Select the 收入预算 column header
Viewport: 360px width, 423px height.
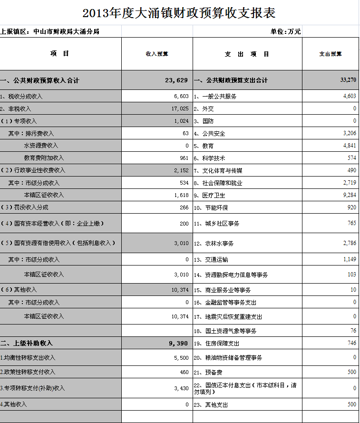[157, 54]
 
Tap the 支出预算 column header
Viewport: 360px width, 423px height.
[330, 54]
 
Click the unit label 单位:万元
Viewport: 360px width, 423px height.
[286, 32]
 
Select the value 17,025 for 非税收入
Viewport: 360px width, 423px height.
[180, 108]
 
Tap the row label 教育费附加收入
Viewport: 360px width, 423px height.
[44, 157]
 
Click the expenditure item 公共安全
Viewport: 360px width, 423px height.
[214, 133]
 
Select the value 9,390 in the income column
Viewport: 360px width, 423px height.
[179, 343]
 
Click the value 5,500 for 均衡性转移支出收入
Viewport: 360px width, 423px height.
[181, 358]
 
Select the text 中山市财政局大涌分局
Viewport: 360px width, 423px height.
[66, 32]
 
